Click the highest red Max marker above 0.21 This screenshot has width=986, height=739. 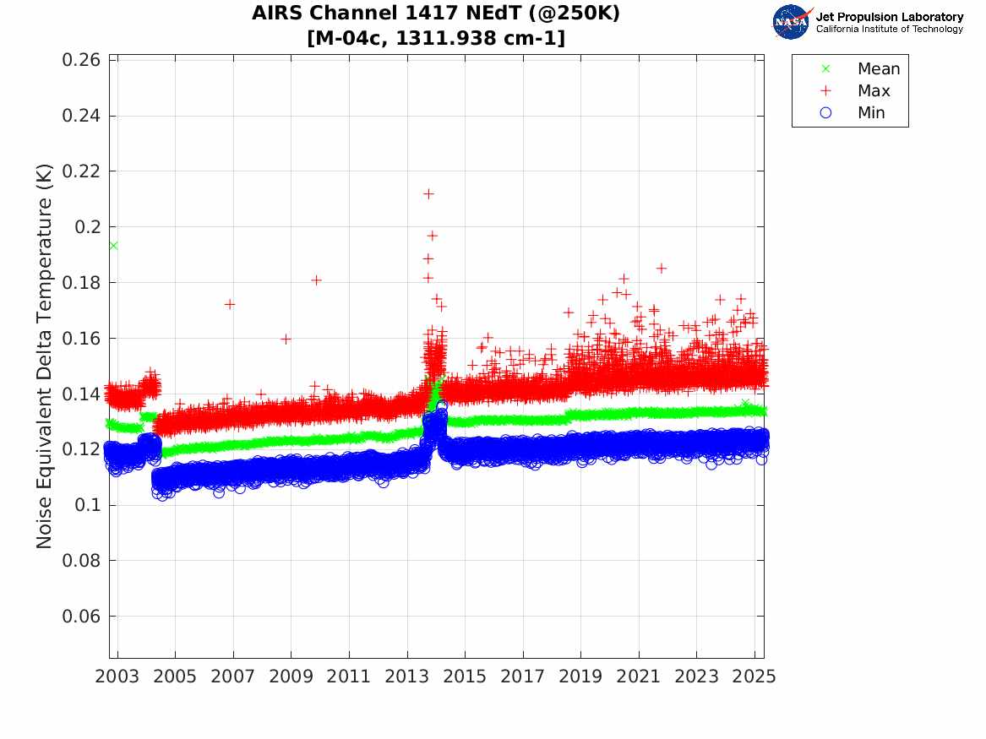point(429,194)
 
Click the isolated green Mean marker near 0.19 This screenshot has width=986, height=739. point(113,246)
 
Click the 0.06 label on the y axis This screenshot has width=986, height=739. point(81,617)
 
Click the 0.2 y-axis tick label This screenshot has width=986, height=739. point(87,227)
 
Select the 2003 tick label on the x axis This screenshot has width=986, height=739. point(117,677)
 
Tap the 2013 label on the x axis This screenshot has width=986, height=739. point(407,677)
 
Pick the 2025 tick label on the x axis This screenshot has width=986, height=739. point(754,677)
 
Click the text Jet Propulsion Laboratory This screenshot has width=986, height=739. point(890,17)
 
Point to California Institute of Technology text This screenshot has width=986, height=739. point(890,29)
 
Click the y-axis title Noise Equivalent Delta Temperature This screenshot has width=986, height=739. point(44,356)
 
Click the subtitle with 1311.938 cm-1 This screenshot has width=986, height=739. point(436,38)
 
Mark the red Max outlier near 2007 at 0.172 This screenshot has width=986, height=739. point(230,304)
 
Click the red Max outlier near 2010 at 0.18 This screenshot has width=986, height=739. point(316,280)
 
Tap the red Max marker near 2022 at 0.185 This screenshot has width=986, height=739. point(661,269)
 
